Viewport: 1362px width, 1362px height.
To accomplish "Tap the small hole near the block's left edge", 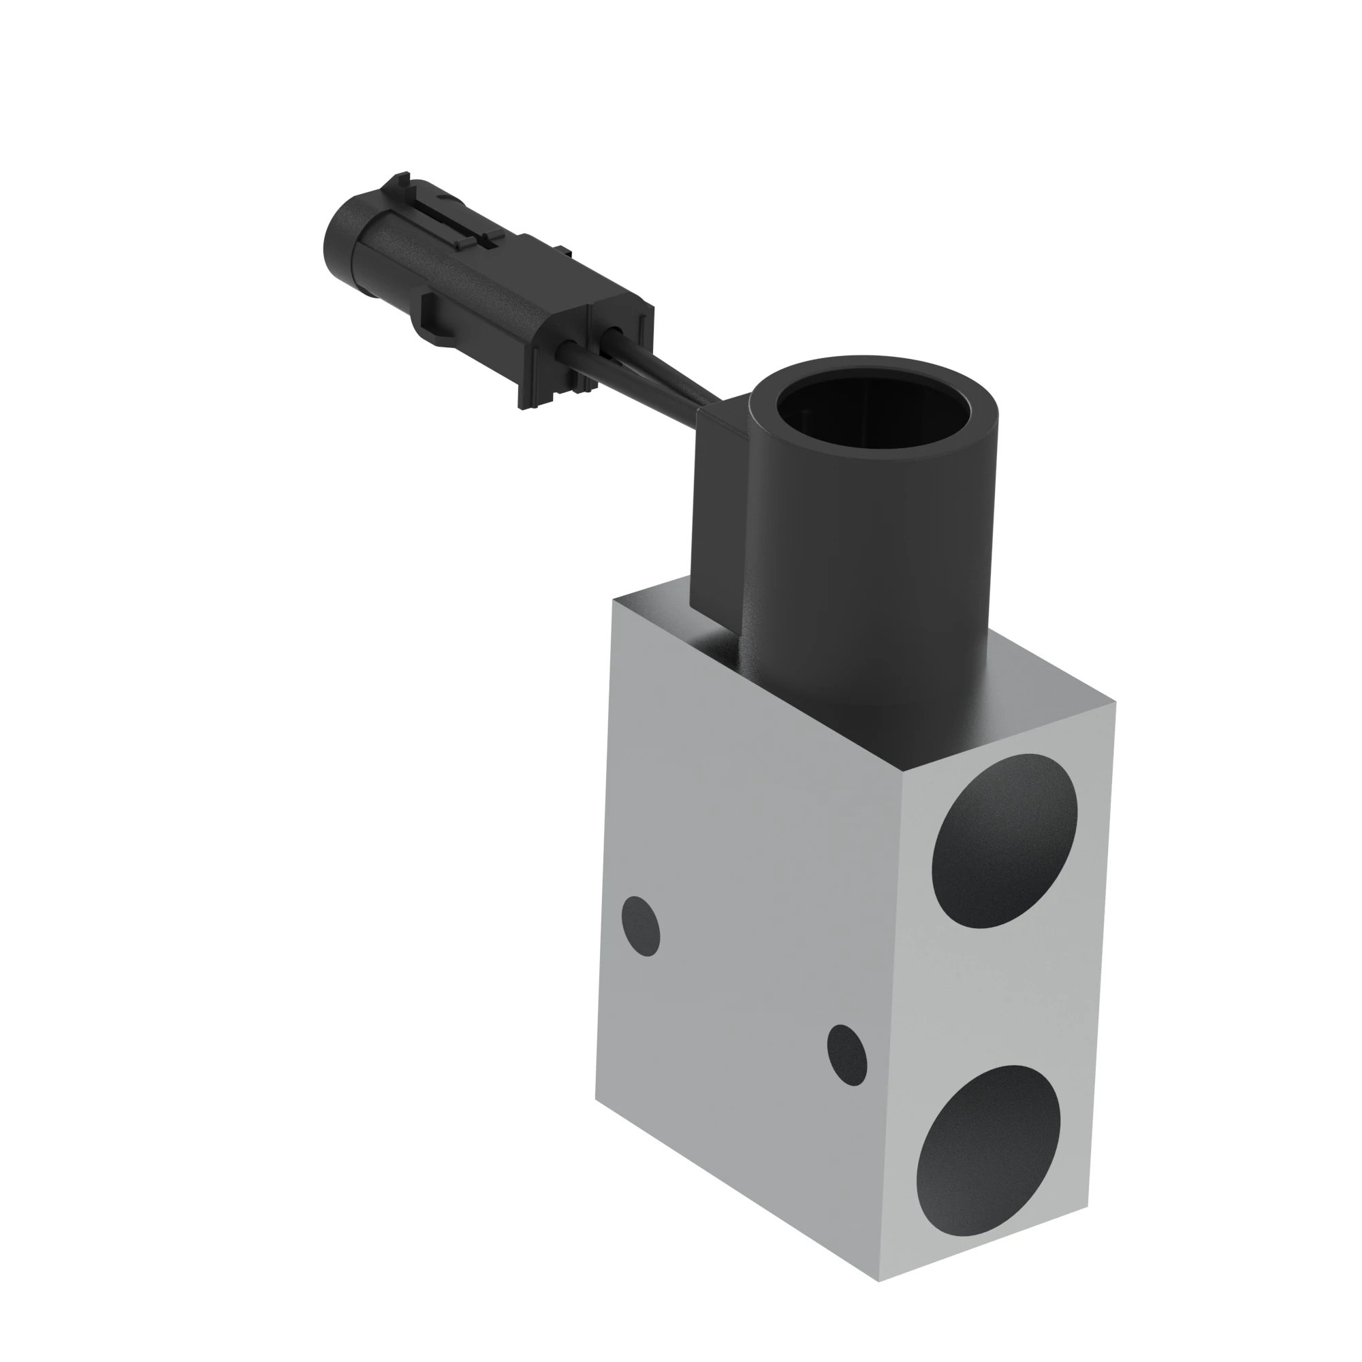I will (x=640, y=926).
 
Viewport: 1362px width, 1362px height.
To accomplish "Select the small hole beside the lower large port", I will (x=846, y=1064).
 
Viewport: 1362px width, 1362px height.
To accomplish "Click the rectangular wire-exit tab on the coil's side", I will (x=719, y=507).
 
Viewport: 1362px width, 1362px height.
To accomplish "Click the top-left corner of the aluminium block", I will (x=616, y=600).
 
